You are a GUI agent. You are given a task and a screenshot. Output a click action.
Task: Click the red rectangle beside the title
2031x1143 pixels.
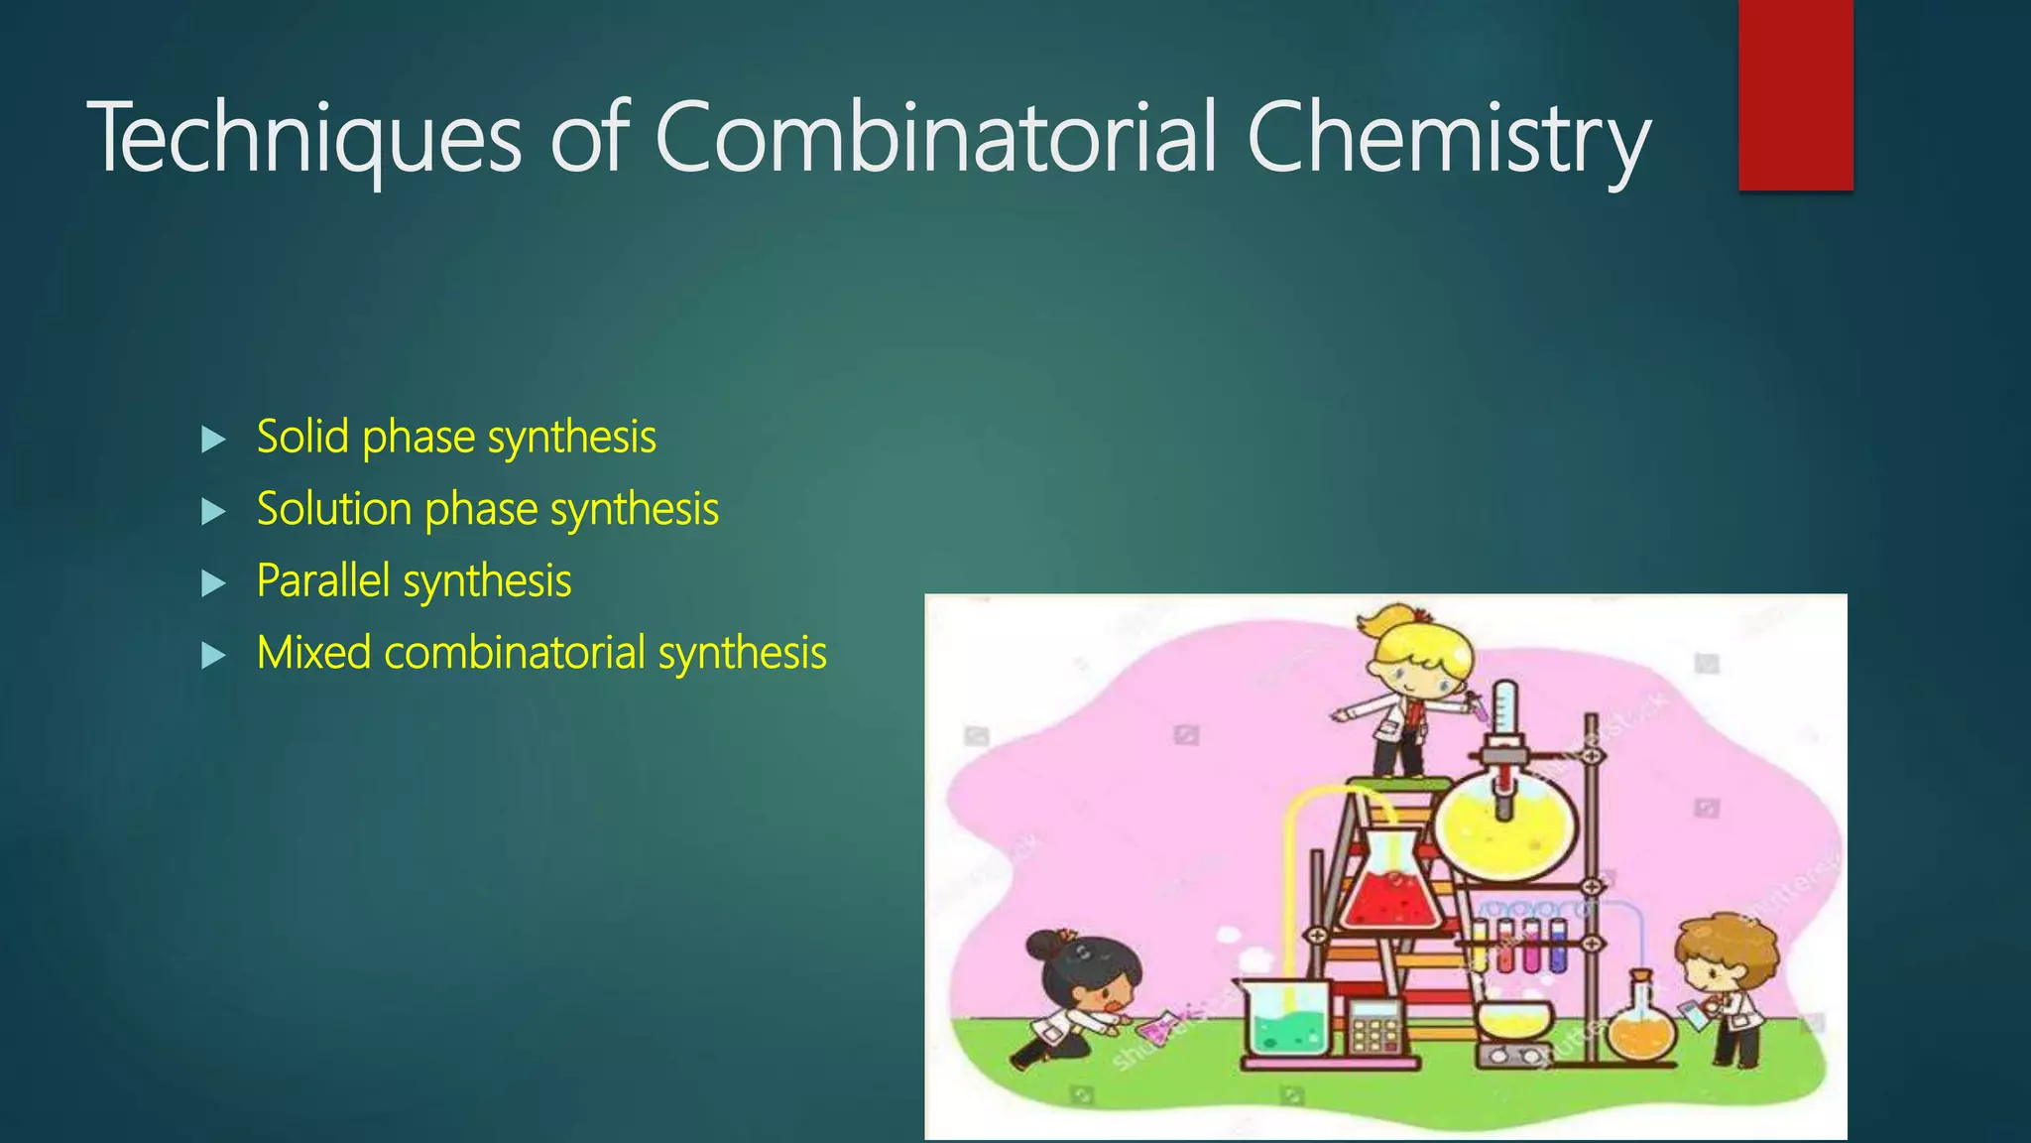1795,94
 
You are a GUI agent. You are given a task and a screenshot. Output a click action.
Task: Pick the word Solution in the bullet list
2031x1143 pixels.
334,509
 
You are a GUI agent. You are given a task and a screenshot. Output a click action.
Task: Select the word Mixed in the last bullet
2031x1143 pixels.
313,653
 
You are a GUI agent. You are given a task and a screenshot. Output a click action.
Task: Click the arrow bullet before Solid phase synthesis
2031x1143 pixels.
213,440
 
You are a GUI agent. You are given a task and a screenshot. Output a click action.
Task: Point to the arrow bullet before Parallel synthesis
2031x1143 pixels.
213,583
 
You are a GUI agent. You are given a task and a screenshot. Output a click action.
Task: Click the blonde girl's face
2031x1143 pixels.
1417,671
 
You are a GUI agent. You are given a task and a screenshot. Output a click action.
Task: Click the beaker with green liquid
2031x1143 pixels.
1286,1022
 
